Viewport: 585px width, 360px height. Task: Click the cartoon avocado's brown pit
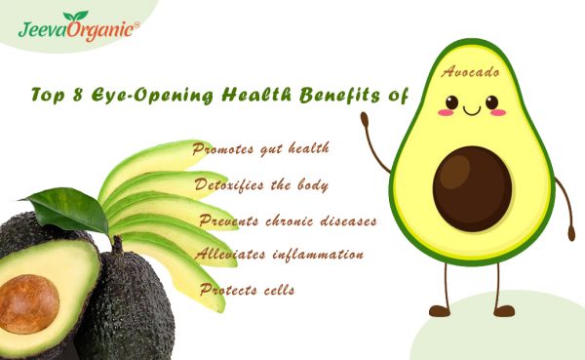[472, 186]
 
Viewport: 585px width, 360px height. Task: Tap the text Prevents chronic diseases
[288, 220]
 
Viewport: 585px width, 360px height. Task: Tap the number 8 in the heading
[75, 96]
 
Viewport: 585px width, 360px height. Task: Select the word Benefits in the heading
[339, 96]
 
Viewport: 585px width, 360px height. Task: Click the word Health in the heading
[257, 96]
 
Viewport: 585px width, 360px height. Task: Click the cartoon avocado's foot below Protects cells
[441, 310]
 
